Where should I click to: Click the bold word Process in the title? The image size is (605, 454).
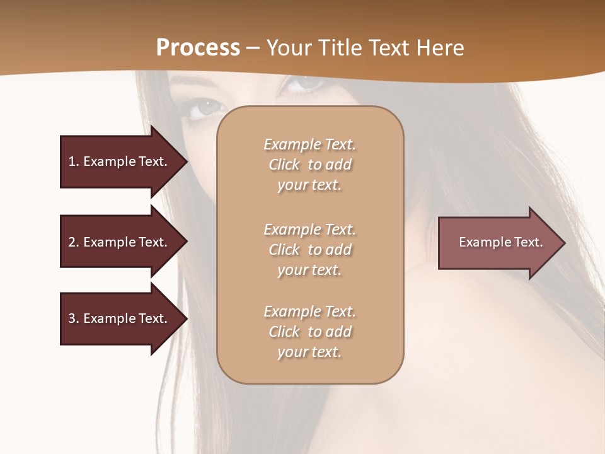tap(198, 48)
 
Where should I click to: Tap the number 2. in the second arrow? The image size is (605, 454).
tap(74, 242)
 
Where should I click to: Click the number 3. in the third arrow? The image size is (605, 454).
tap(74, 318)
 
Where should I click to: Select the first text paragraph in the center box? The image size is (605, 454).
tap(309, 165)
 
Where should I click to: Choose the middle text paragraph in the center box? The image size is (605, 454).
tap(309, 250)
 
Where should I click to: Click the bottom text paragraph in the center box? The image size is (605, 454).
tap(309, 332)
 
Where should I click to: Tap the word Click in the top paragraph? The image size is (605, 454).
tap(284, 165)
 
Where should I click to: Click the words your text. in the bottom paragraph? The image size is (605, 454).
tap(309, 352)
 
